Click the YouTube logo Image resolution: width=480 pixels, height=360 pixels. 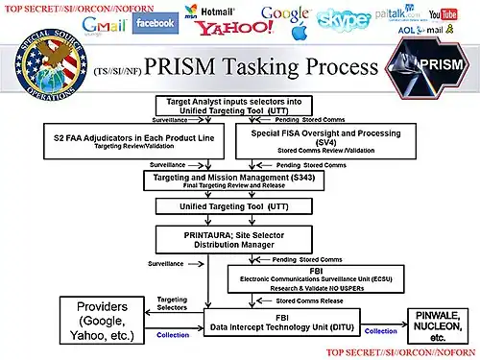(444, 15)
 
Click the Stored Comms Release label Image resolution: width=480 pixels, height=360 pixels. (308, 300)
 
